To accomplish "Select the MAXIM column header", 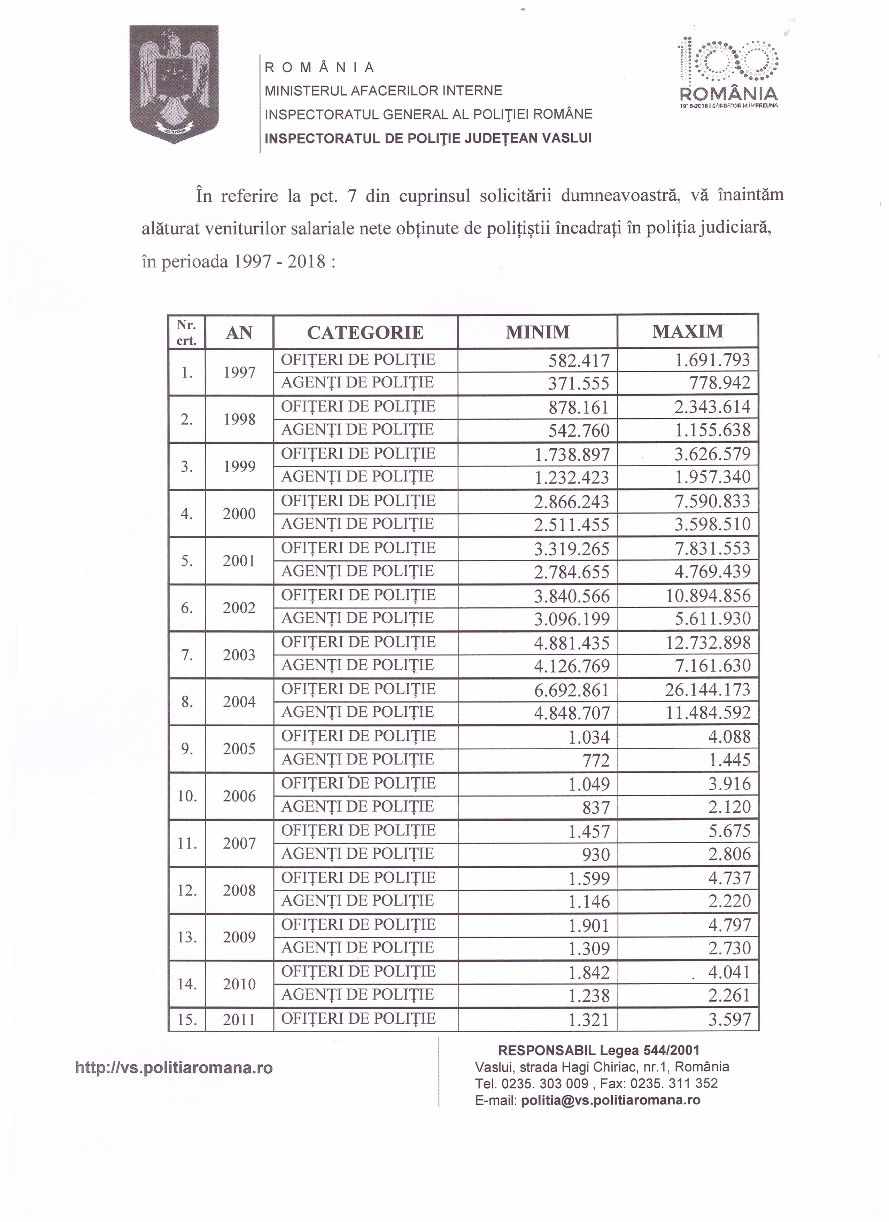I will coord(688,331).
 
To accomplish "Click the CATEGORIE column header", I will coord(365,332).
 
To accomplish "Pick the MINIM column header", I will coord(538,332).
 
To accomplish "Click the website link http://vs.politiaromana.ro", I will coord(174,1067).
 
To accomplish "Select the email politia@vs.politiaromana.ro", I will coord(611,1100).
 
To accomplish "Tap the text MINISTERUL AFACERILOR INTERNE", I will coord(383,91).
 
